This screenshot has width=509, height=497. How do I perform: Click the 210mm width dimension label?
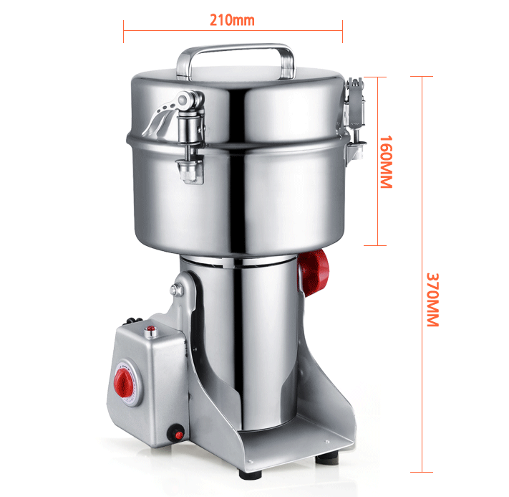pos(232,20)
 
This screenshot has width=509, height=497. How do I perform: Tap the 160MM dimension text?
pos(387,161)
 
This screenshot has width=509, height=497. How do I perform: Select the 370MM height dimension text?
pos(432,300)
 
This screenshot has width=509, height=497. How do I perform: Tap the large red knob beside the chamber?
pos(314,273)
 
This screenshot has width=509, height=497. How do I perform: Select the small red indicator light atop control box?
pos(150,329)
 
